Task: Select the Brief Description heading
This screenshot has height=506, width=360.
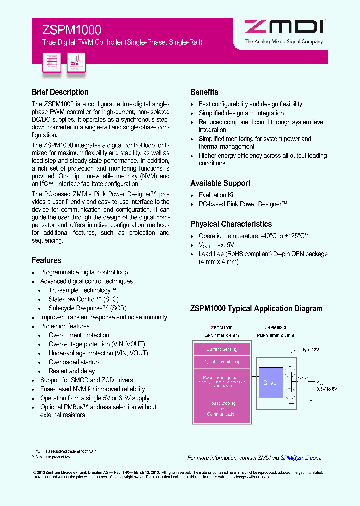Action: click(x=60, y=92)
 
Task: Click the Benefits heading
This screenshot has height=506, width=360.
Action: click(x=204, y=92)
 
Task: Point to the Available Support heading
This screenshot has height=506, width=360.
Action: click(x=220, y=183)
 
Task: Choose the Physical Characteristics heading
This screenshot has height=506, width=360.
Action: click(x=231, y=224)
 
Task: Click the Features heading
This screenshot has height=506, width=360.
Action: click(x=46, y=260)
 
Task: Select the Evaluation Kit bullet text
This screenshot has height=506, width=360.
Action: click(x=217, y=195)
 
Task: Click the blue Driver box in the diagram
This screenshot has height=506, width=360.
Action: click(x=271, y=383)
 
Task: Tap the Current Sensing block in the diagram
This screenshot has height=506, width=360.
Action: click(x=222, y=349)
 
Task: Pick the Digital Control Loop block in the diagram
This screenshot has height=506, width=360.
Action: click(x=222, y=362)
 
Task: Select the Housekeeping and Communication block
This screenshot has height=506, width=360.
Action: click(x=222, y=408)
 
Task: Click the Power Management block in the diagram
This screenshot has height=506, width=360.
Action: click(x=222, y=381)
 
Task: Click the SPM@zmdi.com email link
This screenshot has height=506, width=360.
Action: click(x=300, y=458)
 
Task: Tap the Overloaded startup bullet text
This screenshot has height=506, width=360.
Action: click(x=74, y=362)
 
